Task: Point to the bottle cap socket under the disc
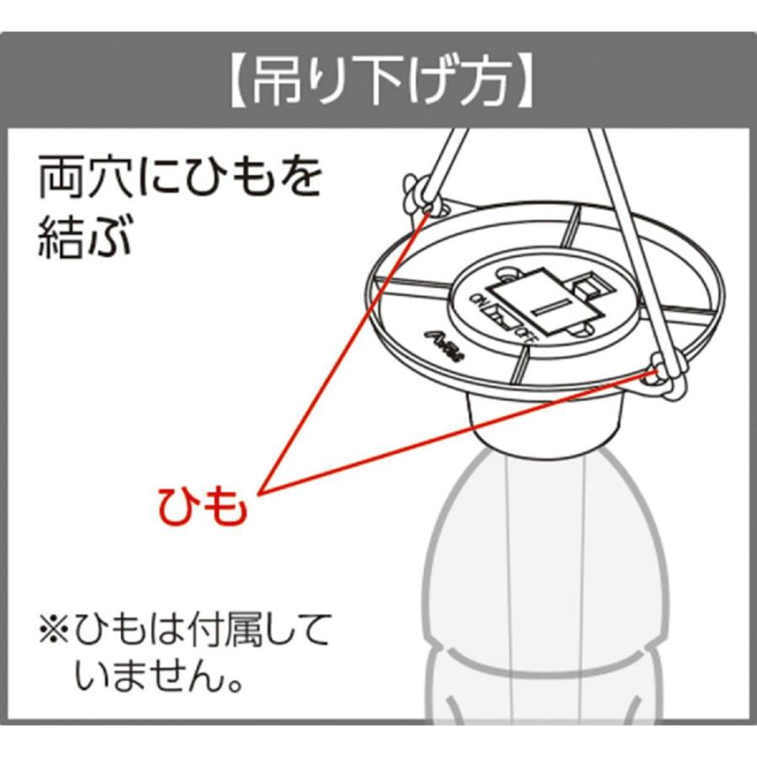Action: pos(543,425)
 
